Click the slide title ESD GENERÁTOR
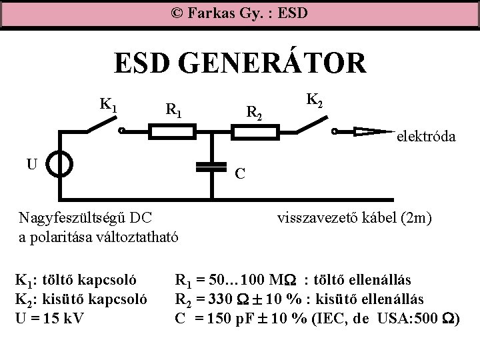coord(239,65)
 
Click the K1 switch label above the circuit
coord(109,104)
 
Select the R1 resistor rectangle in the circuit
coord(171,131)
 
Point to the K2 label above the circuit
coord(315,101)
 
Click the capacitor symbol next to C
coord(213,166)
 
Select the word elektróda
coord(426,137)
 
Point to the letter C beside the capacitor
coord(241,173)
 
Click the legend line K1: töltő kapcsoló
coord(77,280)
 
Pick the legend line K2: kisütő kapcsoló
coord(80,297)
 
